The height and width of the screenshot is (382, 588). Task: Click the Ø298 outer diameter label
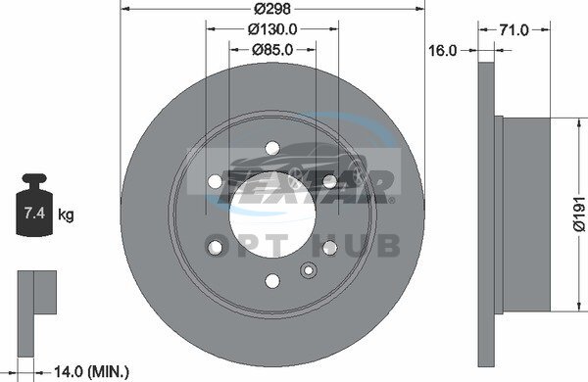pyautogui.click(x=272, y=8)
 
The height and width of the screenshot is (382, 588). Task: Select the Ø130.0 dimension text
pyautogui.click(x=272, y=29)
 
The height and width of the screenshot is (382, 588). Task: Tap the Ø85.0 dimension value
pyautogui.click(x=272, y=50)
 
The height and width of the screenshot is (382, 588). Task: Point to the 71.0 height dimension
pyautogui.click(x=514, y=30)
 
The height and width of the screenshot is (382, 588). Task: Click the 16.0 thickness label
pyautogui.click(x=443, y=50)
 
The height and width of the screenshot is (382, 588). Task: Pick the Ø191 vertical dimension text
pyautogui.click(x=580, y=215)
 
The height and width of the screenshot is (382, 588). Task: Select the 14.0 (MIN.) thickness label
pyautogui.click(x=91, y=372)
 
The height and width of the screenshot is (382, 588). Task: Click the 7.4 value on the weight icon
pyautogui.click(x=34, y=214)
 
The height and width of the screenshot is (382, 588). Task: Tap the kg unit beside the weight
pyautogui.click(x=66, y=215)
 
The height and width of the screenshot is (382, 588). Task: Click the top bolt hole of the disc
pyautogui.click(x=272, y=148)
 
